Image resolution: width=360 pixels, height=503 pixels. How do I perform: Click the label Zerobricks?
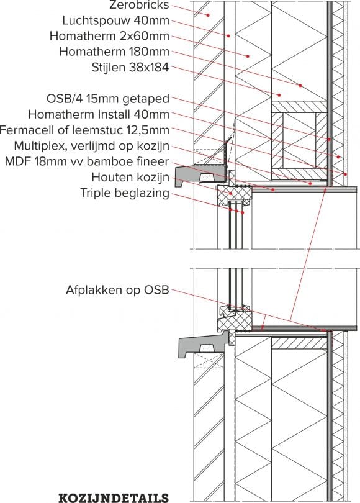(135, 6)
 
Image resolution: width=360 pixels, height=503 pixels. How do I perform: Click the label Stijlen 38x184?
(128, 68)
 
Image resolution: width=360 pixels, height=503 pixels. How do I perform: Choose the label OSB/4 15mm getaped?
(108, 99)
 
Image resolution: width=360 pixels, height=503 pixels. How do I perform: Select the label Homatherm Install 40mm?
(99, 114)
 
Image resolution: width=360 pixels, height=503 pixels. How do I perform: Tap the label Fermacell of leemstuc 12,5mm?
(84, 130)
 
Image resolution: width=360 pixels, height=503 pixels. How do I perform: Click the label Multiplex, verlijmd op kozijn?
(92, 145)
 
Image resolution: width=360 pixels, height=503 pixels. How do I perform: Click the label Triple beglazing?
(124, 193)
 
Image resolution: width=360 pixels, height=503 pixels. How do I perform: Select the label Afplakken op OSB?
(117, 290)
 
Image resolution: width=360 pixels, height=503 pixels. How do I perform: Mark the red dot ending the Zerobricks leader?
(209, 15)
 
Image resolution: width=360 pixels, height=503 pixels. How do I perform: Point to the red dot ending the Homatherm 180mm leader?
(300, 85)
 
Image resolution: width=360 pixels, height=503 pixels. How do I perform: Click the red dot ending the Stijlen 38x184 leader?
(279, 95)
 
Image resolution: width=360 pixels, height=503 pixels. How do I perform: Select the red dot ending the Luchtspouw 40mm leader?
(228, 35)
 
